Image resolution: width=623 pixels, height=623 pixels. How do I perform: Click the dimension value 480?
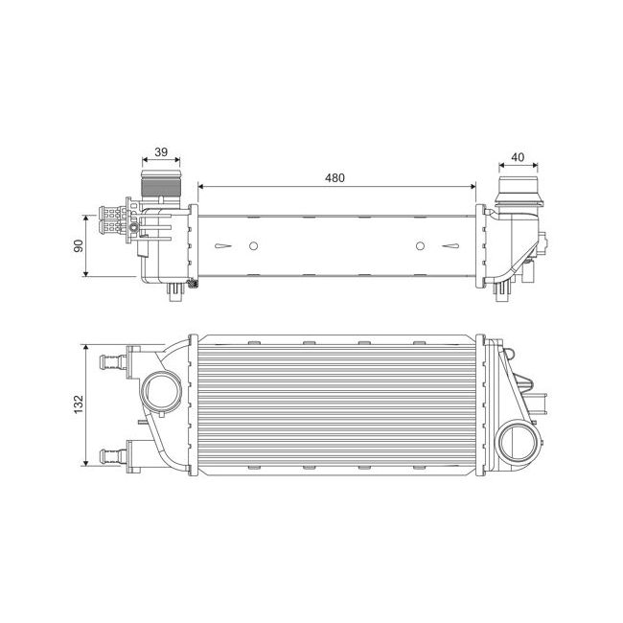coord(335,177)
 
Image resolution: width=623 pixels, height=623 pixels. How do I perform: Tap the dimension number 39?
coord(161,151)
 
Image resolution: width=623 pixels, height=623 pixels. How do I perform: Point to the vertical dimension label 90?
coord(80,245)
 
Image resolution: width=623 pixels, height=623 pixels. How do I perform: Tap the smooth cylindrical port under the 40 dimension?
coord(518,186)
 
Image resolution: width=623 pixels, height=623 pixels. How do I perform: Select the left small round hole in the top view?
coord(253,246)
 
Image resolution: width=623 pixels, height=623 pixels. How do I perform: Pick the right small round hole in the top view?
coord(420,246)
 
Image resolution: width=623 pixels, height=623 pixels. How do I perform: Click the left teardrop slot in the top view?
coord(223,246)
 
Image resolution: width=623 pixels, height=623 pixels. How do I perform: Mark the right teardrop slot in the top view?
coord(450,246)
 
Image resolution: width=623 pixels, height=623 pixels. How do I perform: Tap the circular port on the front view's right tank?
coord(519,442)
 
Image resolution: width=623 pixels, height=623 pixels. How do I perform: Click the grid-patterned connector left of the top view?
coord(113,220)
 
